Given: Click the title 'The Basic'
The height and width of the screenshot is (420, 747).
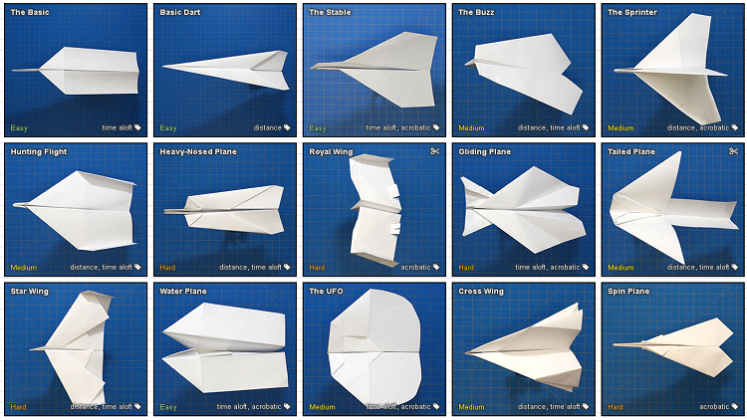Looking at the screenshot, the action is [x=30, y=12].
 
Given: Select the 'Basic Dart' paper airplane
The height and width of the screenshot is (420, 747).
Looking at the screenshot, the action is [x=226, y=70].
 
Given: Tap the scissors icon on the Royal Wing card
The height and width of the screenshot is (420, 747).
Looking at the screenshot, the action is [x=434, y=151].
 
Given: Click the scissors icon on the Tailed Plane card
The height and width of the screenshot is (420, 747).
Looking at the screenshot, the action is [x=733, y=151].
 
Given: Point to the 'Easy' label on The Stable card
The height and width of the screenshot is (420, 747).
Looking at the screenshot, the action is [x=318, y=128].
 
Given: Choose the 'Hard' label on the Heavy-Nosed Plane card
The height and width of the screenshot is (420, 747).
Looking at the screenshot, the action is [x=167, y=268].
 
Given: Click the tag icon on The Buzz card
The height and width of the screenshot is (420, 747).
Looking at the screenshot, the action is [x=586, y=127].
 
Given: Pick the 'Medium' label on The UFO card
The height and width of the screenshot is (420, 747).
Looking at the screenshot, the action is [x=322, y=407].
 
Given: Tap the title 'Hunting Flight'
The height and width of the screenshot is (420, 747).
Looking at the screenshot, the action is [x=39, y=152].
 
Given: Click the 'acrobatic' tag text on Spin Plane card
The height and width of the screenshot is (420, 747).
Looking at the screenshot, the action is [x=714, y=407].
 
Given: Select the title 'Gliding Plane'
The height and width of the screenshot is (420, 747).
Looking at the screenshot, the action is [x=484, y=152].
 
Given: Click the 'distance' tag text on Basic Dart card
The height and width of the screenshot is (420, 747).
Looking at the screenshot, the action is [x=267, y=127].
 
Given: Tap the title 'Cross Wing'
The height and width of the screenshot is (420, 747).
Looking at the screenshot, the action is [x=481, y=292].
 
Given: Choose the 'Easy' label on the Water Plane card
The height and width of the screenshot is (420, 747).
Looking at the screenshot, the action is [x=168, y=407].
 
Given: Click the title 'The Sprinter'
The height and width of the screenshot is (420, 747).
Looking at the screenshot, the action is [x=632, y=12].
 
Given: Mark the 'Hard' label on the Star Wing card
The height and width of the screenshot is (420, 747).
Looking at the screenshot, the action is [x=19, y=407].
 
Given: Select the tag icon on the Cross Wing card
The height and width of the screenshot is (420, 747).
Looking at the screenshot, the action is [x=586, y=407].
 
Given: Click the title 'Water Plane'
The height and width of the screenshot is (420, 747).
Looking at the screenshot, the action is [x=183, y=292].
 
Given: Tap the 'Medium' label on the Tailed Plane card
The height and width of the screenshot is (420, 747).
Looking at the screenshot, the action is [x=621, y=268].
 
